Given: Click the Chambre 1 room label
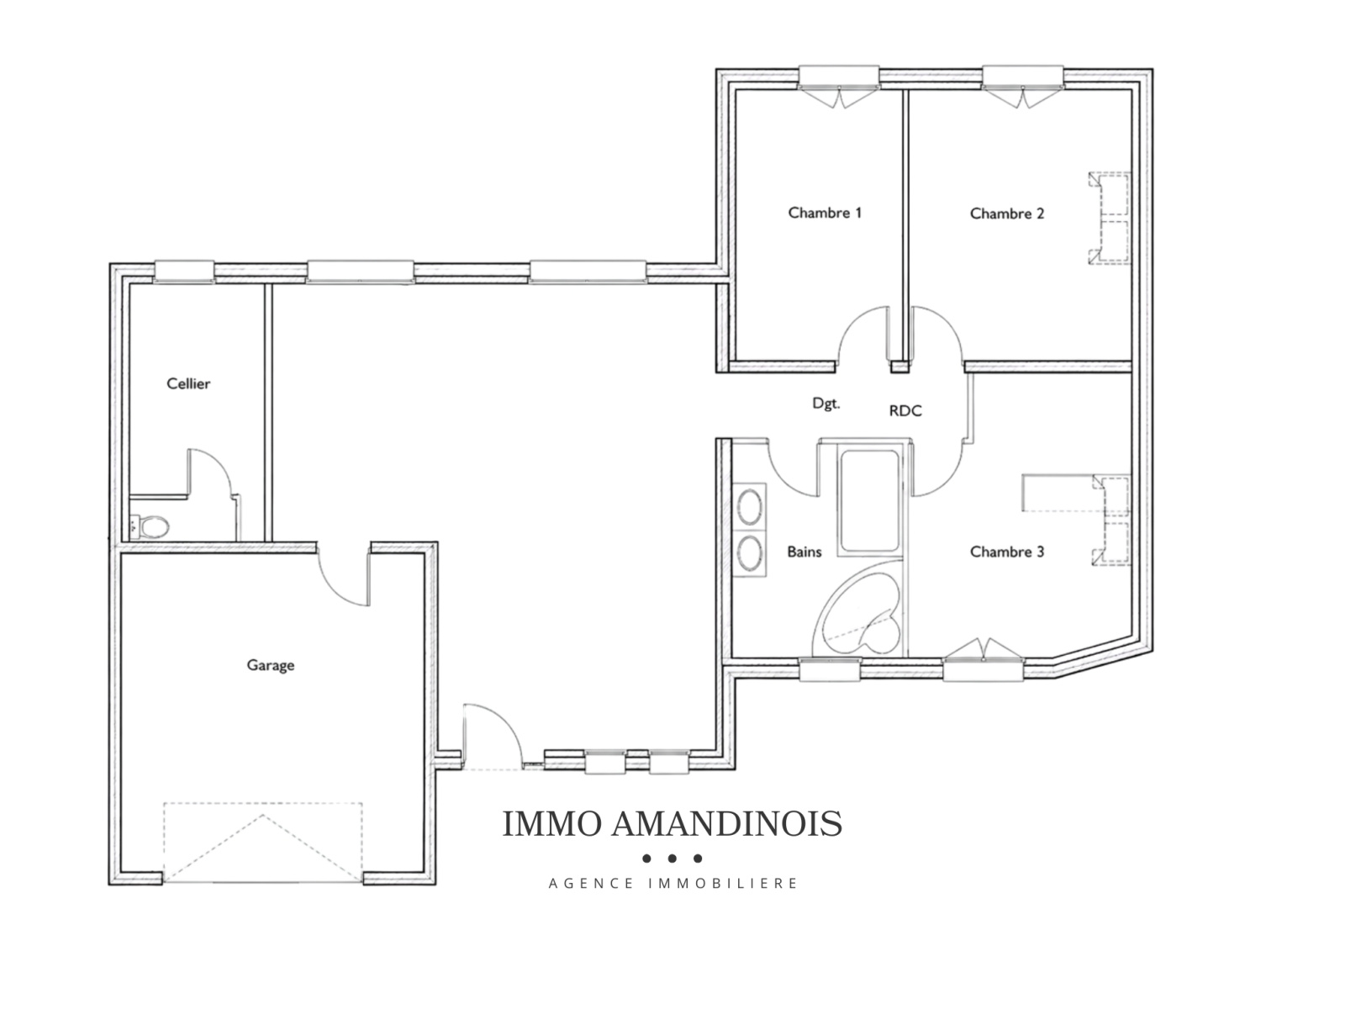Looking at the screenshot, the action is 824,213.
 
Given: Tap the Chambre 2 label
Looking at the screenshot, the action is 1007,214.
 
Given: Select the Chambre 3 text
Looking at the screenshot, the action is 1007,552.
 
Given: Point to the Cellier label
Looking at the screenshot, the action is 188,383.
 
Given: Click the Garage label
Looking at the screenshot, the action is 270,665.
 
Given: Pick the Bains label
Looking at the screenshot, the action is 804,552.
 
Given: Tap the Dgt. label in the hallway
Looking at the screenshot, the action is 826,404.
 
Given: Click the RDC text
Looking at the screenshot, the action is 905,410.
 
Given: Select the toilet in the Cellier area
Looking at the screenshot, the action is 150,526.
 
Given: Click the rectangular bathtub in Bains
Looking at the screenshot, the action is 869,501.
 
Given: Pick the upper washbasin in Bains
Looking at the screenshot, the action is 749,507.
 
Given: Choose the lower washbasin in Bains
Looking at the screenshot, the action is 749,552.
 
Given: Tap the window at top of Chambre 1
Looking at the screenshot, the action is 839,87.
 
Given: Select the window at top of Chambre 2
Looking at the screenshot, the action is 1023,87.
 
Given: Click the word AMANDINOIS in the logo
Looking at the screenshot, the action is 727,824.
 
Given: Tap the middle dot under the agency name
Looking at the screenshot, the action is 672,858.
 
